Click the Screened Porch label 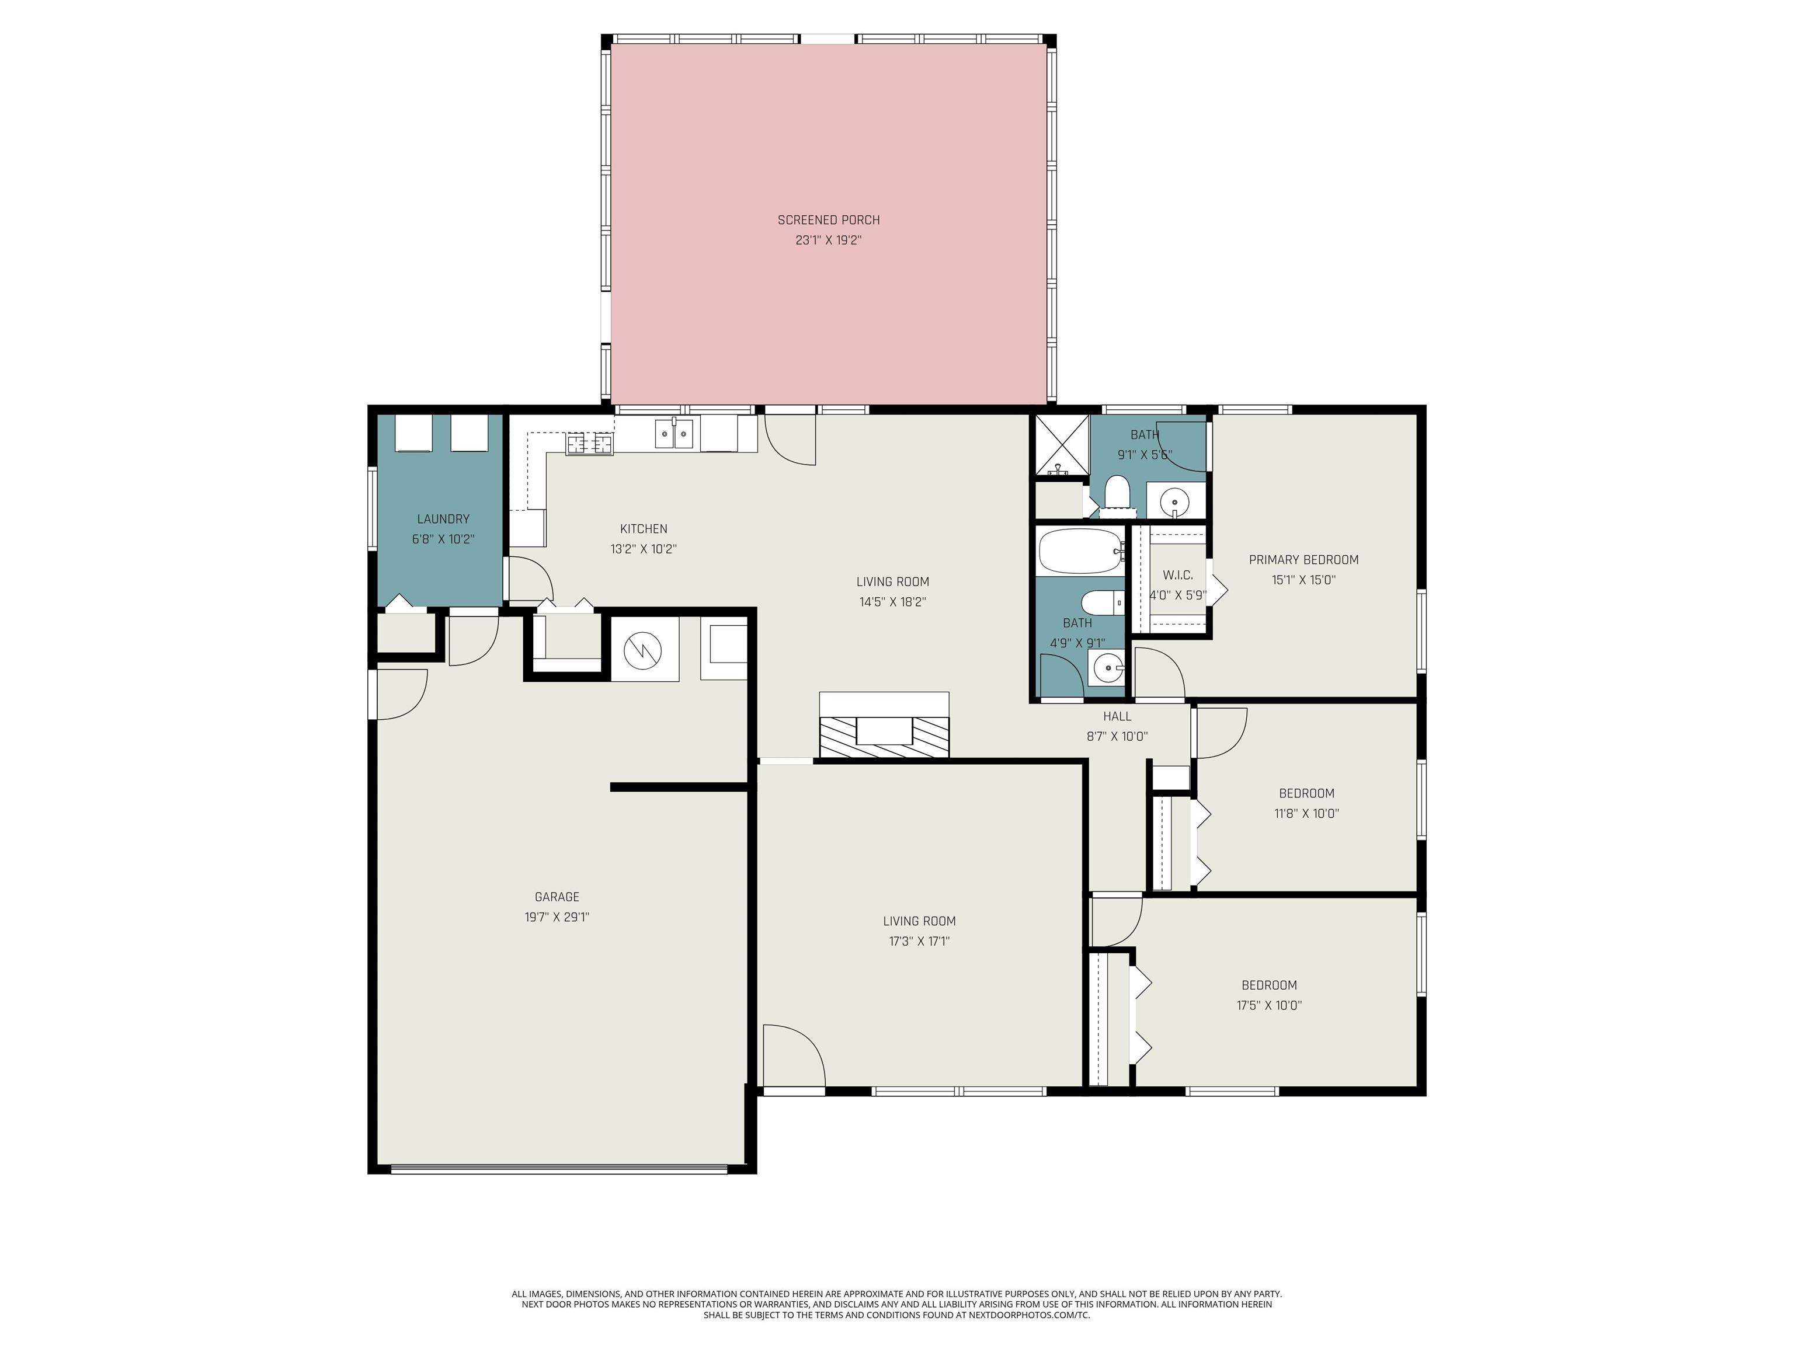[828, 219]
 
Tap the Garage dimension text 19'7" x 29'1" [557, 917]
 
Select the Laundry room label [443, 519]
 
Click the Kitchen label [643, 528]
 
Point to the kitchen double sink [675, 434]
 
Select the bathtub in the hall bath [1079, 552]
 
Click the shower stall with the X [1059, 445]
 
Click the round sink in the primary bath [1174, 503]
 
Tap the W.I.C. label [1178, 575]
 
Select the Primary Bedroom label [1303, 559]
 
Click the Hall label [1117, 716]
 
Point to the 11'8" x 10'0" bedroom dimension [1306, 813]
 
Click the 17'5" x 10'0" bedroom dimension [1269, 1005]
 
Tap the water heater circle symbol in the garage [642, 649]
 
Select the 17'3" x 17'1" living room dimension [919, 941]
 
